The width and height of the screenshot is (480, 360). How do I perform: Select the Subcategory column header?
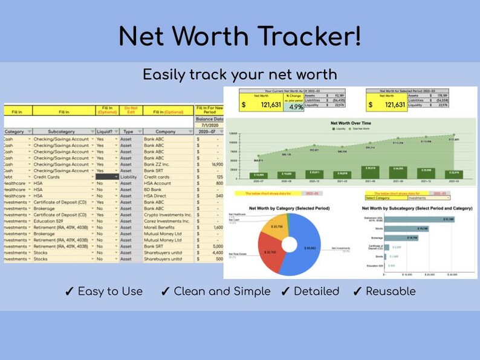60,131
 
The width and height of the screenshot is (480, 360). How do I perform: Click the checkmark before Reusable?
357,292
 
